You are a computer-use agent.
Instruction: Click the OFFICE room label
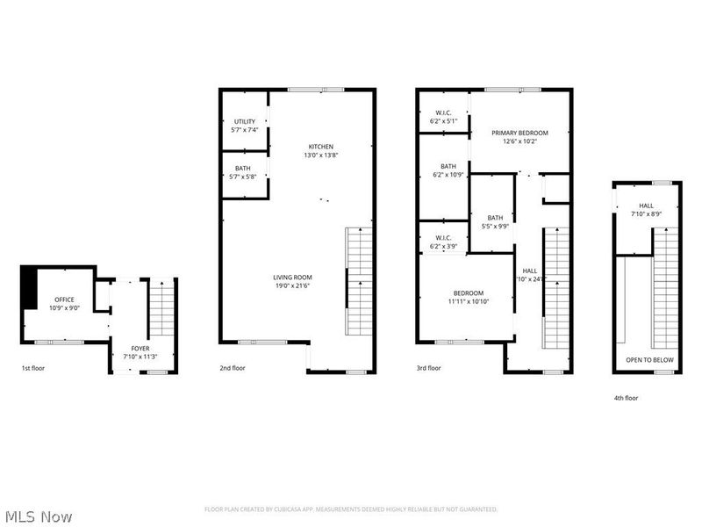65,300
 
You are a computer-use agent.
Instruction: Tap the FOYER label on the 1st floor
140,349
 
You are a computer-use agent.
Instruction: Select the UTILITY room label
245,121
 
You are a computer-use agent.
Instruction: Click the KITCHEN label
320,147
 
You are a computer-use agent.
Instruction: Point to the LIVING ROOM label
292,278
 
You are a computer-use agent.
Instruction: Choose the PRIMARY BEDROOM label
519,132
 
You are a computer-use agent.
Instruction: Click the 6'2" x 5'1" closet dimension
443,121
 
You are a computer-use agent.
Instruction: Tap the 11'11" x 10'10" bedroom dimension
470,301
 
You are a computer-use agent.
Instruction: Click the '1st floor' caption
34,369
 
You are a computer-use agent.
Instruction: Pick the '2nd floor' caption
233,369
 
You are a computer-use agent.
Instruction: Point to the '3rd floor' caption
429,369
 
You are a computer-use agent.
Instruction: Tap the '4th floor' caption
626,398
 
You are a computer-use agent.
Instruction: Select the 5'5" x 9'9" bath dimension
496,227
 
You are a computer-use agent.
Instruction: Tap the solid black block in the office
29,287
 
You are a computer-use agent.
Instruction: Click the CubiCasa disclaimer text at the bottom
351,509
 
